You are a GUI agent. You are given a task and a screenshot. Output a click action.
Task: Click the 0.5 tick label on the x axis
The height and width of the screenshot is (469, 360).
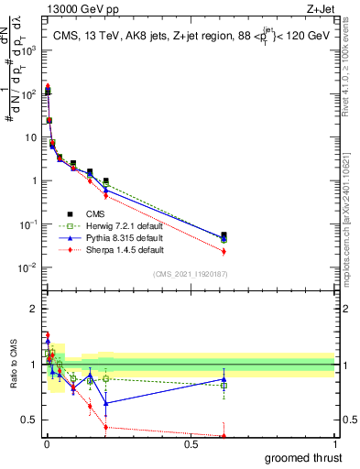191,444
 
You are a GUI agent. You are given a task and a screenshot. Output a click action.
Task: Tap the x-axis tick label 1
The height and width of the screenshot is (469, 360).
334,444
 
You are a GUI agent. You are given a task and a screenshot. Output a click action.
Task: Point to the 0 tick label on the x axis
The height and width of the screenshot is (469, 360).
47,444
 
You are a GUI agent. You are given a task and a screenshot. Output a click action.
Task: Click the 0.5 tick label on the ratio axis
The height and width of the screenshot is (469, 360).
30,420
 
